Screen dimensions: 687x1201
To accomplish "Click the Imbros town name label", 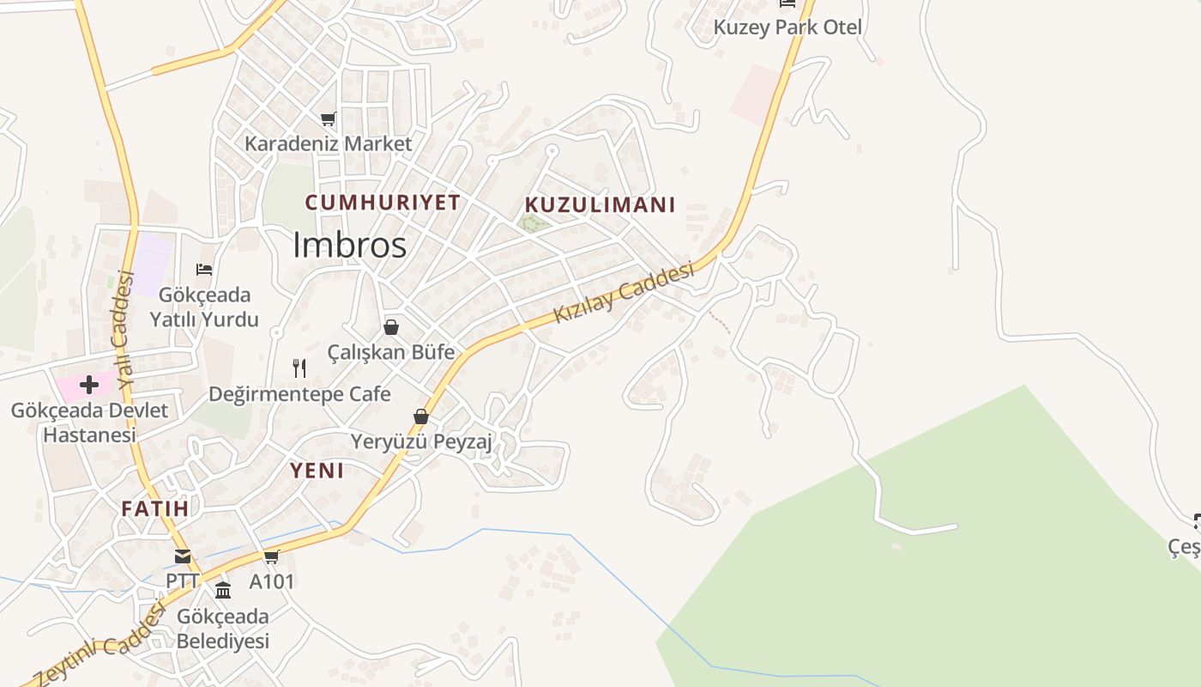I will [x=349, y=246].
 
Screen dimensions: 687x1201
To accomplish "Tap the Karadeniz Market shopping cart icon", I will [x=329, y=119].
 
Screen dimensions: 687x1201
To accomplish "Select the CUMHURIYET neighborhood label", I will [x=383, y=203].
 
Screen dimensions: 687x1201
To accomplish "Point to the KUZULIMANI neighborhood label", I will [x=600, y=205].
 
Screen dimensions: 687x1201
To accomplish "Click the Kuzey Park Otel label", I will [x=788, y=27].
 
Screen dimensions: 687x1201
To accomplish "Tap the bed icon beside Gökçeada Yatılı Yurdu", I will [x=204, y=270].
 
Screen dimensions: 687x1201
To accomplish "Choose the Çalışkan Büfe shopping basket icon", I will [x=391, y=327].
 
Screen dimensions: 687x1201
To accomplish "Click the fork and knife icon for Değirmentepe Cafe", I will [x=299, y=368].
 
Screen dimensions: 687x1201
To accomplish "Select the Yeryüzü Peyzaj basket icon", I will [x=421, y=416].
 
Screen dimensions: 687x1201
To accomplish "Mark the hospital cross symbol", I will [x=88, y=384].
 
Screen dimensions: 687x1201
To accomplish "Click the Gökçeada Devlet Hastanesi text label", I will [x=89, y=423].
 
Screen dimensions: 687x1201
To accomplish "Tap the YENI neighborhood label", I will [x=317, y=471].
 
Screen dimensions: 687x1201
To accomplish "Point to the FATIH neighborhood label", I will [x=154, y=508].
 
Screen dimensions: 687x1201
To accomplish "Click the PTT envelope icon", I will [x=183, y=556].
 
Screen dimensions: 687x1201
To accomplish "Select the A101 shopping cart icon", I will [x=272, y=556].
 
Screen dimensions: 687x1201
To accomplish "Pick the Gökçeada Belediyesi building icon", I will [x=223, y=590].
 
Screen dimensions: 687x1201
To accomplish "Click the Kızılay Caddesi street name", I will [x=624, y=293].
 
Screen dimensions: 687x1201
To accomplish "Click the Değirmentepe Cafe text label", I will [x=299, y=394].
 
